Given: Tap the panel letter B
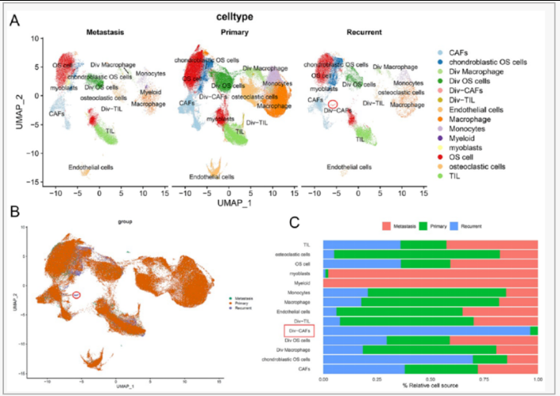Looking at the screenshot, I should click(x=14, y=212).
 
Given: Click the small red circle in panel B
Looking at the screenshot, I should click(x=76, y=294).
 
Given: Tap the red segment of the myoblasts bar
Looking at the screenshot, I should click(x=433, y=273).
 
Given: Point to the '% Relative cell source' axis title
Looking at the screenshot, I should click(x=430, y=386).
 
